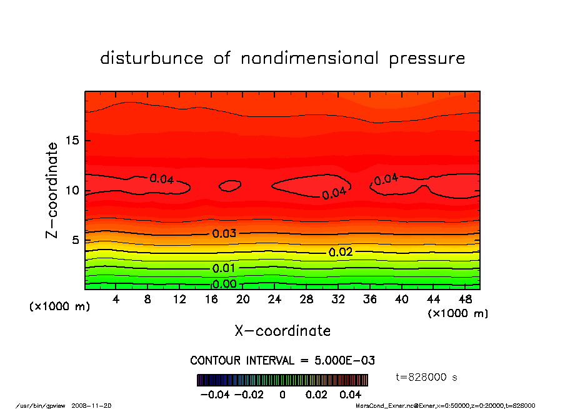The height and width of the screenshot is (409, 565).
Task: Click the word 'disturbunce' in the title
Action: [x=152, y=59]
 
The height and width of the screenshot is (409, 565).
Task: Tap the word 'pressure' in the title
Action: [x=427, y=59]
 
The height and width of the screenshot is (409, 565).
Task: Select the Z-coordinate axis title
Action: [x=52, y=189]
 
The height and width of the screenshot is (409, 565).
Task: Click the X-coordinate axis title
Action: [x=282, y=331]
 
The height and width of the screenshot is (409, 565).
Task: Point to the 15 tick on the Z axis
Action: [x=72, y=140]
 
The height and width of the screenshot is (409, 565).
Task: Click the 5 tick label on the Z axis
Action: [x=75, y=240]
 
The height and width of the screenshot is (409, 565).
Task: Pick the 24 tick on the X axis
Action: [x=274, y=299]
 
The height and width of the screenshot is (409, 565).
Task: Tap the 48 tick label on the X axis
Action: [x=464, y=299]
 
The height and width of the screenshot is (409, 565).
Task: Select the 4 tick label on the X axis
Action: [x=116, y=299]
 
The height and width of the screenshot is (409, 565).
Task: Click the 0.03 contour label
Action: [x=224, y=234]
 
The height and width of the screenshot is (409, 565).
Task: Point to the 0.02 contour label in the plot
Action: [x=341, y=252]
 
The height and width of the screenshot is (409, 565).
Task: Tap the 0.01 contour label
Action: [x=224, y=268]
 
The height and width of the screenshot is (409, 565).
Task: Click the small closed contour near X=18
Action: [x=230, y=186]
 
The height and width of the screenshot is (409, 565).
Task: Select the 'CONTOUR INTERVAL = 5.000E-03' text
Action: [x=282, y=361]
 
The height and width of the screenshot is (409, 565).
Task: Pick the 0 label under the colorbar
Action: [x=282, y=395]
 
